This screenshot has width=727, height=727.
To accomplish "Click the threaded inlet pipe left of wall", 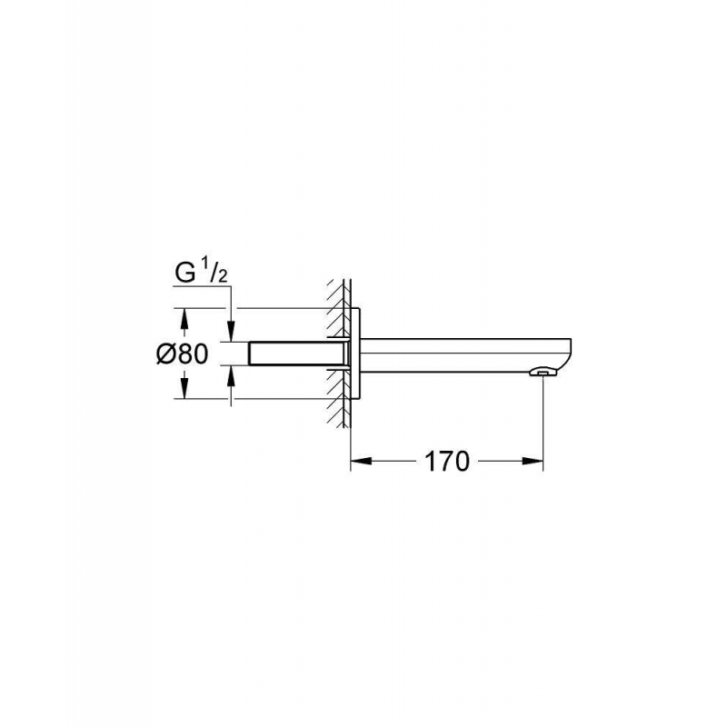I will (291, 354).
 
